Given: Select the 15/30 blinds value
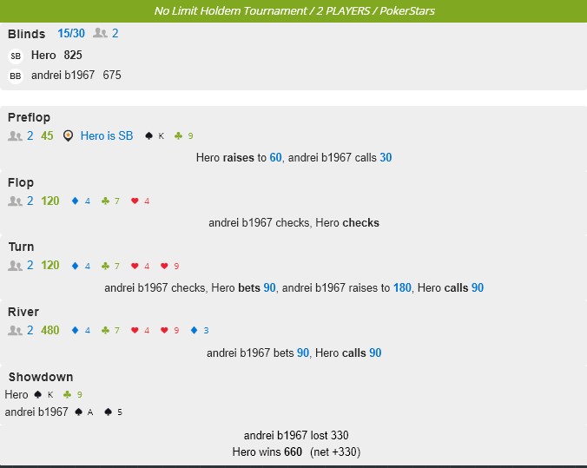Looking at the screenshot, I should tap(72, 33).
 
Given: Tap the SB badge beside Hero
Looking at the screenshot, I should tap(16, 56).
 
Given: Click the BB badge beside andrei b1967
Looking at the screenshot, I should tap(16, 76).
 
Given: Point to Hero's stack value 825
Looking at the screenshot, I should tap(73, 55).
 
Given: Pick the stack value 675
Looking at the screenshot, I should tap(112, 76).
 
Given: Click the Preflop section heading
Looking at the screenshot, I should tap(29, 117).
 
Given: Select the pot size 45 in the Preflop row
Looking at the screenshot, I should tap(47, 135).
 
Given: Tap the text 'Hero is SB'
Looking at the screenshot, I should tap(107, 135).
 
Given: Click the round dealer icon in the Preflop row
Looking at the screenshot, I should tap(69, 135).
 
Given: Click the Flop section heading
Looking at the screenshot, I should tap(21, 182).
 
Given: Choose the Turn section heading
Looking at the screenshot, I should tap(21, 247).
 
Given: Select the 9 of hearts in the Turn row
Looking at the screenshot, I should tap(170, 266).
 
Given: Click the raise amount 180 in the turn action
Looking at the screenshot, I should tap(402, 287).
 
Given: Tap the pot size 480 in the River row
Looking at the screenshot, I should tap(50, 330).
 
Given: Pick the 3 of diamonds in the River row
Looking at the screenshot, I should tap(199, 330).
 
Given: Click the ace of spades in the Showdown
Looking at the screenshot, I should tap(84, 412).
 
